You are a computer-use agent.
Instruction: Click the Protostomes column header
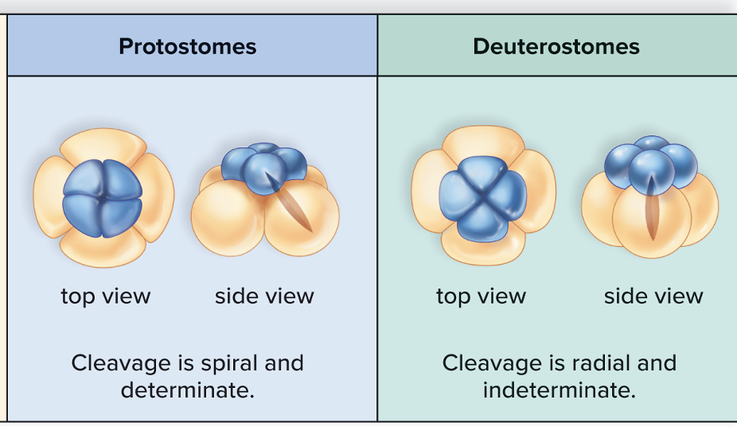[x=188, y=46]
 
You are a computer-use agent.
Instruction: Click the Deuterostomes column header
[x=556, y=46]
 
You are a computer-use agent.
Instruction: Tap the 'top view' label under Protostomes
[x=106, y=296]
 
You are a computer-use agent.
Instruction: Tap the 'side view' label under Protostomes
[x=264, y=296]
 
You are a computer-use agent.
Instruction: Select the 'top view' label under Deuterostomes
[x=481, y=296]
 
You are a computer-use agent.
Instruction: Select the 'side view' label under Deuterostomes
[x=653, y=296]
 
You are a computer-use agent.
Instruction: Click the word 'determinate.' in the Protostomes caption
[x=188, y=390]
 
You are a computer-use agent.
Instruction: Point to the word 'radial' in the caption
[x=603, y=363]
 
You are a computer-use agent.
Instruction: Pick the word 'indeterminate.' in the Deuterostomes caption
[x=559, y=390]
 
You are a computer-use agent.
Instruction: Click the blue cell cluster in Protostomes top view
[x=101, y=195]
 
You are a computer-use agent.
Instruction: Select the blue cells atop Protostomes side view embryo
[x=263, y=168]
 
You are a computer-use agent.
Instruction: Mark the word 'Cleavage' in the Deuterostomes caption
[x=492, y=363]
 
